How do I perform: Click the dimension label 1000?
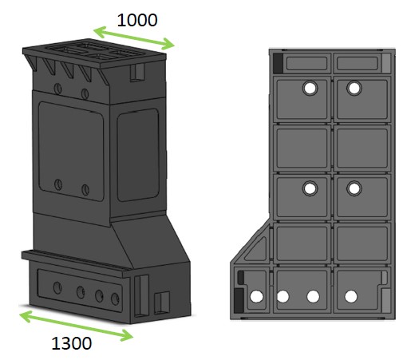pos(137,20)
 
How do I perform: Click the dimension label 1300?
pos(72,343)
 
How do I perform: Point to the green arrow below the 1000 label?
pos(134,38)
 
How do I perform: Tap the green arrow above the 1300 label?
pos(76,326)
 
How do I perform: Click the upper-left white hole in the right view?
pos(310,88)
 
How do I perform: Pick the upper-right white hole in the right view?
pos(354,88)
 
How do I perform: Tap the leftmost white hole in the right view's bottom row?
pos(256,296)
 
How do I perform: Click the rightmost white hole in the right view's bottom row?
pos(351,296)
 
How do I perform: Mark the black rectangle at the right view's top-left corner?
pos(278,63)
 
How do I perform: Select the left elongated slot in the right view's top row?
pos(306,63)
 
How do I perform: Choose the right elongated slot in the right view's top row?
pos(358,63)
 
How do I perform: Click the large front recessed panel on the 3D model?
pos(71,151)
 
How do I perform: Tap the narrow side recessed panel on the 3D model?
pos(138,155)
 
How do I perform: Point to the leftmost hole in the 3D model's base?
pos(57,287)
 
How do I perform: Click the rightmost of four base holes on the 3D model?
pos(115,299)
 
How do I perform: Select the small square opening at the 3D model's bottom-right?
pos(162,303)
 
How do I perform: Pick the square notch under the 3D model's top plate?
pos(137,73)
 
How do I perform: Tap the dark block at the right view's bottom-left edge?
pos(239,301)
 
